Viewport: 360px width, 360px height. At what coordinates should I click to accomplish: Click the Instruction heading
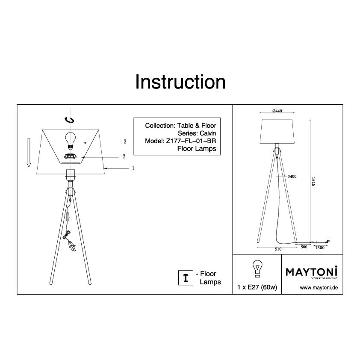tap(180, 82)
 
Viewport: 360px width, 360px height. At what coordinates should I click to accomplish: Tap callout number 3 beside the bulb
tap(125, 142)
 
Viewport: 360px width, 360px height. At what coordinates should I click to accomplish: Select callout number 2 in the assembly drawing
tap(124, 156)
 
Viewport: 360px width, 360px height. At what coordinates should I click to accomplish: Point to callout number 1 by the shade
tap(133, 168)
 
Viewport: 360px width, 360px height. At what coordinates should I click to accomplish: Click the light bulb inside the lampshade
tap(71, 140)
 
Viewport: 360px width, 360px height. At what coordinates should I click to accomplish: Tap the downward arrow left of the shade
tap(29, 153)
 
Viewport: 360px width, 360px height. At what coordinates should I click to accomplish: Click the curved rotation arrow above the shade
tap(69, 120)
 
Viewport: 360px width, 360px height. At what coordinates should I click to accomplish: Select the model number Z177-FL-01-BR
tap(191, 141)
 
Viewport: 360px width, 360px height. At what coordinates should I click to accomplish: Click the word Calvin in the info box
tap(208, 133)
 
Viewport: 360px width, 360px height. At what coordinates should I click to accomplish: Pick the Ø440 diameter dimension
tap(277, 111)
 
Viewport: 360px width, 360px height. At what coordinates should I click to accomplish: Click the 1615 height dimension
tap(313, 181)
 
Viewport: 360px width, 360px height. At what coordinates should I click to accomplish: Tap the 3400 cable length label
tap(292, 176)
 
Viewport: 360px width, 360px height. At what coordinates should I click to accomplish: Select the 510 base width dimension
tap(278, 249)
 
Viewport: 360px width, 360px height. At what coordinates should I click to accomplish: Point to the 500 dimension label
tap(304, 247)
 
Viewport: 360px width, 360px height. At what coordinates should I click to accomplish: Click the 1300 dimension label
tap(320, 248)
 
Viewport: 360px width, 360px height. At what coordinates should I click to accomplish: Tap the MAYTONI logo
tap(312, 272)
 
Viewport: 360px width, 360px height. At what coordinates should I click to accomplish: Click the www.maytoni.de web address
tap(319, 288)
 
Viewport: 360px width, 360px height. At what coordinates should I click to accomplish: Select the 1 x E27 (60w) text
tap(257, 287)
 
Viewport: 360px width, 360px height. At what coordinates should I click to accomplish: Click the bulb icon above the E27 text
tap(257, 269)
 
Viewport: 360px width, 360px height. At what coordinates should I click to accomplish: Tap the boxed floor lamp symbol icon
tap(186, 277)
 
